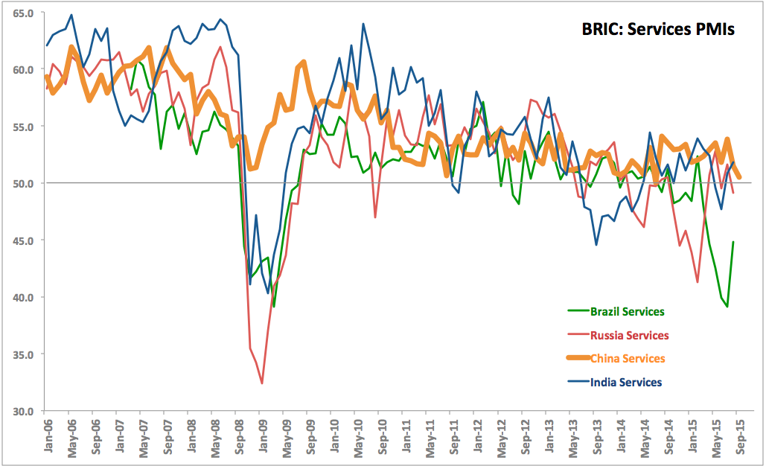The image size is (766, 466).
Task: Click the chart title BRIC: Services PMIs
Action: (x=657, y=30)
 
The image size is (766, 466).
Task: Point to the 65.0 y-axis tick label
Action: (x=22, y=13)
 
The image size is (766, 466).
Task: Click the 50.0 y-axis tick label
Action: (x=22, y=184)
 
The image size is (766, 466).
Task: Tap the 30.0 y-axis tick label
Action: (x=22, y=411)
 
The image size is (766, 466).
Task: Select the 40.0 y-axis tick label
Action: (x=22, y=297)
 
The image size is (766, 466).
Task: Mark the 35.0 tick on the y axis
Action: (x=22, y=354)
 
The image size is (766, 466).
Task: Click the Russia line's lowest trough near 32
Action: (x=262, y=383)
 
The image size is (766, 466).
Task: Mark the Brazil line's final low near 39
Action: (x=727, y=307)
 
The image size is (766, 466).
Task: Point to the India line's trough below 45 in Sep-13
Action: (x=596, y=244)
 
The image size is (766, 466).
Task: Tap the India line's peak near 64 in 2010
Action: (x=363, y=24)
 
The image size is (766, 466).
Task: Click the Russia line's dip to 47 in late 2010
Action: (x=375, y=217)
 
